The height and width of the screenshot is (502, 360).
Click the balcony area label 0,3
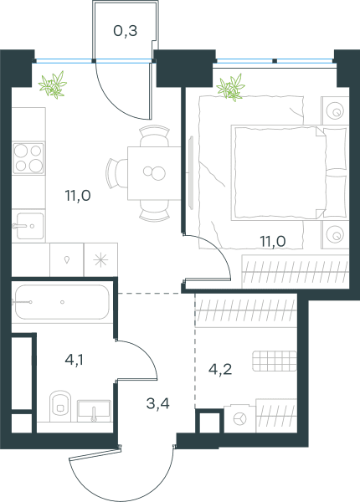pos(126,31)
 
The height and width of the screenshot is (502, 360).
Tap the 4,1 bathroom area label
pos(75,360)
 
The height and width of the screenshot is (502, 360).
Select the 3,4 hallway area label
pos(158,403)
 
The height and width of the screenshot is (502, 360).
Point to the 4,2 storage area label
pos(220,369)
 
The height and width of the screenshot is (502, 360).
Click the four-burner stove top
pos(28,158)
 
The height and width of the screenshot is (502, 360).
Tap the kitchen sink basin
pos(30,226)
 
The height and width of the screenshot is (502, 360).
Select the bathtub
pos(62,302)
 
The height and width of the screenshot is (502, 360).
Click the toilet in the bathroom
pos(60,406)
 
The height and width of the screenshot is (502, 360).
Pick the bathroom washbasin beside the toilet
pos(94,411)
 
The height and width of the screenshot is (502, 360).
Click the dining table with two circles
pos(154,173)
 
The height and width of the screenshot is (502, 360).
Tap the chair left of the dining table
pos(116,173)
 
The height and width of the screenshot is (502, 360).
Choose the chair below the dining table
pos(154,211)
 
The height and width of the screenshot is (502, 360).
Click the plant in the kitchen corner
pos(53,85)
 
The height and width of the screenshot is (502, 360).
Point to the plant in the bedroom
pos(230,88)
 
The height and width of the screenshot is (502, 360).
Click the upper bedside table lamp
pos(335,110)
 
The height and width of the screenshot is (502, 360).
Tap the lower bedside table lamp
pos(335,234)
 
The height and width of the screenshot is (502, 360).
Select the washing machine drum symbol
pos(240,419)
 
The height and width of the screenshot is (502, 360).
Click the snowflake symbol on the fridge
pos(100,259)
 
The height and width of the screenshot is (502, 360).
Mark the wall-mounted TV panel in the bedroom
pos(192,173)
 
